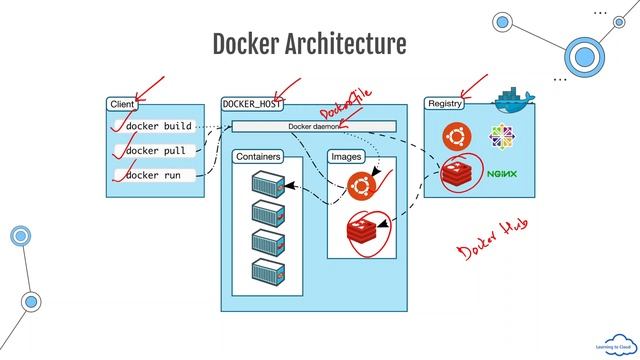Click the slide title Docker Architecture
(309, 45)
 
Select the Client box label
(121, 104)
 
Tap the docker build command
(157, 127)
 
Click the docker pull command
(155, 151)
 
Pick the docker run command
(153, 175)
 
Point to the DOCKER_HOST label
(253, 104)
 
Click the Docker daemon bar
(314, 127)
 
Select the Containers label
(257, 157)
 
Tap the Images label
(346, 157)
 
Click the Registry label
(444, 104)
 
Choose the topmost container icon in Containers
(268, 184)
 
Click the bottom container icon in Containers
(268, 270)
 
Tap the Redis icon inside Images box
(362, 232)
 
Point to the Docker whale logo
(514, 98)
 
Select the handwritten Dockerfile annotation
(345, 103)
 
